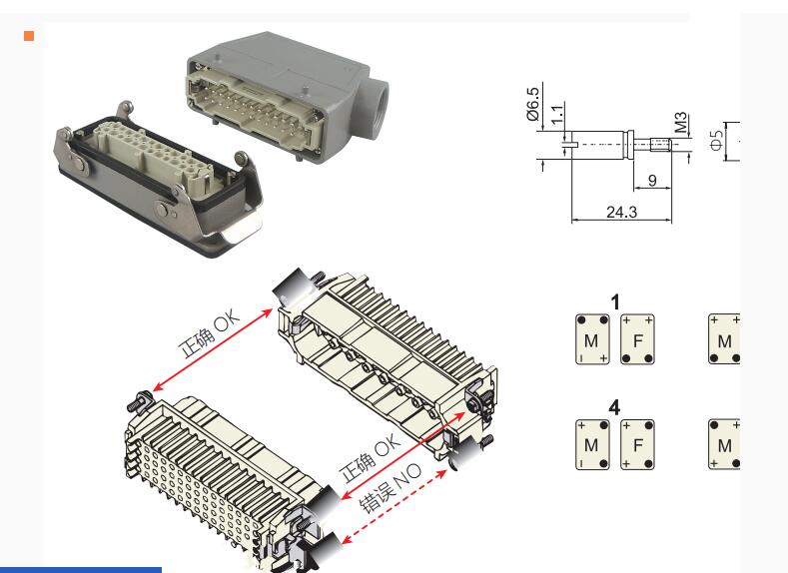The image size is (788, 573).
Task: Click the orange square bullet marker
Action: [29, 36]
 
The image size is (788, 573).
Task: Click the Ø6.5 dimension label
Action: [532, 104]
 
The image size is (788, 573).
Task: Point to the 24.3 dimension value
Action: [621, 212]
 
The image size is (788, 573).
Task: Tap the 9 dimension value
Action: [652, 181]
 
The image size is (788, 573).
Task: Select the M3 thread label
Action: [680, 123]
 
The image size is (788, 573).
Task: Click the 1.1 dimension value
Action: [557, 115]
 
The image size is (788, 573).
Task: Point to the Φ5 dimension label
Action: [716, 140]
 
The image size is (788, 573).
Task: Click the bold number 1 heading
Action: [615, 302]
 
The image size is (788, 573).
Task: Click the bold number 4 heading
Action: [614, 407]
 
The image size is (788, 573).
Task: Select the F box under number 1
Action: [638, 339]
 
